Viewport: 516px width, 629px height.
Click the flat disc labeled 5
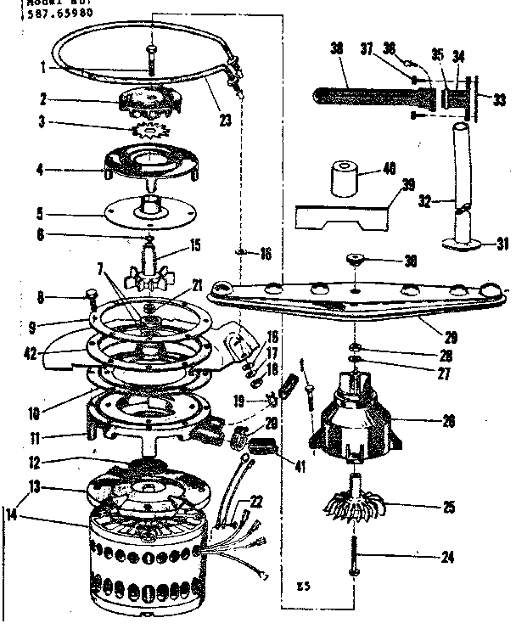pos(149,210)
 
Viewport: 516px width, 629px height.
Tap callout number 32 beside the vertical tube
pos(425,203)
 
